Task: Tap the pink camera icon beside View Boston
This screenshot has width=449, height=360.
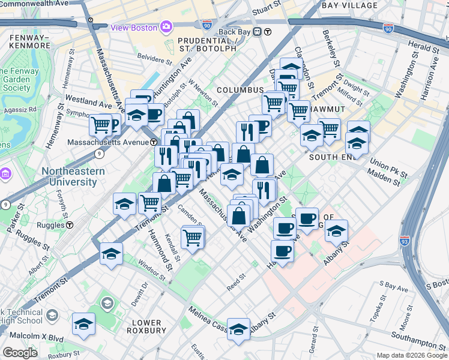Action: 166,27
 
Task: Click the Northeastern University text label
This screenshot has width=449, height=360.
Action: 73,176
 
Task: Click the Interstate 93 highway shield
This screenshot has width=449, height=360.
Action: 405,241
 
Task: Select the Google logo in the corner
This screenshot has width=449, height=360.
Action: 20,353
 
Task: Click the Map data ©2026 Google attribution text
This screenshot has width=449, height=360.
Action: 411,355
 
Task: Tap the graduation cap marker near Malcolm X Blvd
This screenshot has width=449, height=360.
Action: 83,325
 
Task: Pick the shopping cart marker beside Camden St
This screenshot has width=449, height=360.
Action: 193,237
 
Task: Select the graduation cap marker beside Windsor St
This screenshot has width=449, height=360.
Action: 111,254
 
